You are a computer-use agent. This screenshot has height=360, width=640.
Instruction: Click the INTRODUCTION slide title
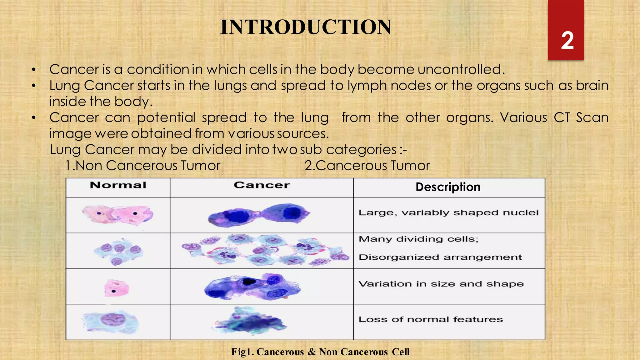point(306,27)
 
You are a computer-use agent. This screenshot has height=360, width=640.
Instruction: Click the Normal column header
point(118,185)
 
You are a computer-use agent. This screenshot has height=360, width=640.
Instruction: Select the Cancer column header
point(262,185)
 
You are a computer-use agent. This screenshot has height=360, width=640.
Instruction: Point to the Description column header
point(448,187)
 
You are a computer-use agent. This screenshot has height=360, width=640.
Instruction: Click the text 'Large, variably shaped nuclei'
point(448,213)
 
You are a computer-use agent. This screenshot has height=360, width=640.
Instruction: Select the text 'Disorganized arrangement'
point(440,257)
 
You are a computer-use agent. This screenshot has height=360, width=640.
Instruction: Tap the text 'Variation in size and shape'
point(441,284)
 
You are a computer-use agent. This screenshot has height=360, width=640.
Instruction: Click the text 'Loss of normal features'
point(431,319)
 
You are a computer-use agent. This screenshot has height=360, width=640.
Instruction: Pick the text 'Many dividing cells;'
point(418,239)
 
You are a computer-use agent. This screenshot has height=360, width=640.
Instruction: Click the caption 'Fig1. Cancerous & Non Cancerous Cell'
point(320,352)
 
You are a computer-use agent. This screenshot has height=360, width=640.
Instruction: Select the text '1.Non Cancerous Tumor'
point(143,166)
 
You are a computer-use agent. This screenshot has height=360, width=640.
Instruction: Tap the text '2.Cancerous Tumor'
point(367,166)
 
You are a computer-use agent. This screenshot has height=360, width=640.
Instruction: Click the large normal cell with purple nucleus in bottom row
point(111,321)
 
